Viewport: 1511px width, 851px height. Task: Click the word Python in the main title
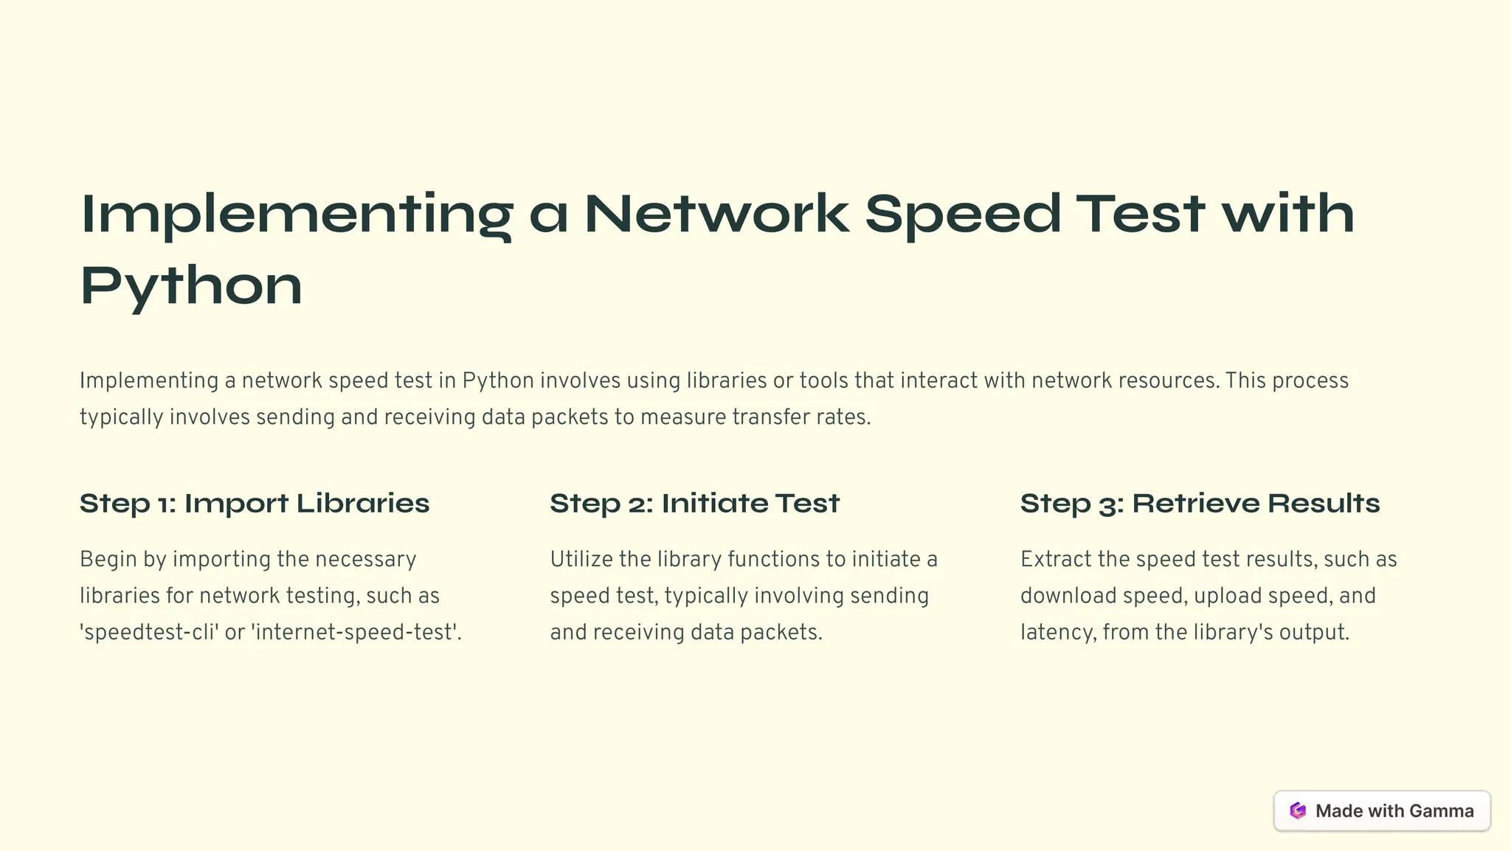coord(191,286)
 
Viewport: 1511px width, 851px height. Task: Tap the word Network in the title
coord(716,214)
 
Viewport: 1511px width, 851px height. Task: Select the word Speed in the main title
coord(963,214)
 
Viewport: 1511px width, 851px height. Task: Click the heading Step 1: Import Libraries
coord(255,504)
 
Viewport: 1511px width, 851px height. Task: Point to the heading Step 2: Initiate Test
coord(694,504)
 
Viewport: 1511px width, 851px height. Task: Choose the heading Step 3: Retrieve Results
coord(1200,504)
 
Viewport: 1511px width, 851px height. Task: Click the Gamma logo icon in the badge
coord(1298,810)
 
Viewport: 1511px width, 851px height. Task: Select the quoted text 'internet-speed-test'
coord(354,633)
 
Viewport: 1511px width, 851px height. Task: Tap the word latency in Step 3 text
coord(1057,633)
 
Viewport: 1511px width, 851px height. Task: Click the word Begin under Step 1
coord(108,559)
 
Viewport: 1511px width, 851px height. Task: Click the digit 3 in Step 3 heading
coord(1106,505)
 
